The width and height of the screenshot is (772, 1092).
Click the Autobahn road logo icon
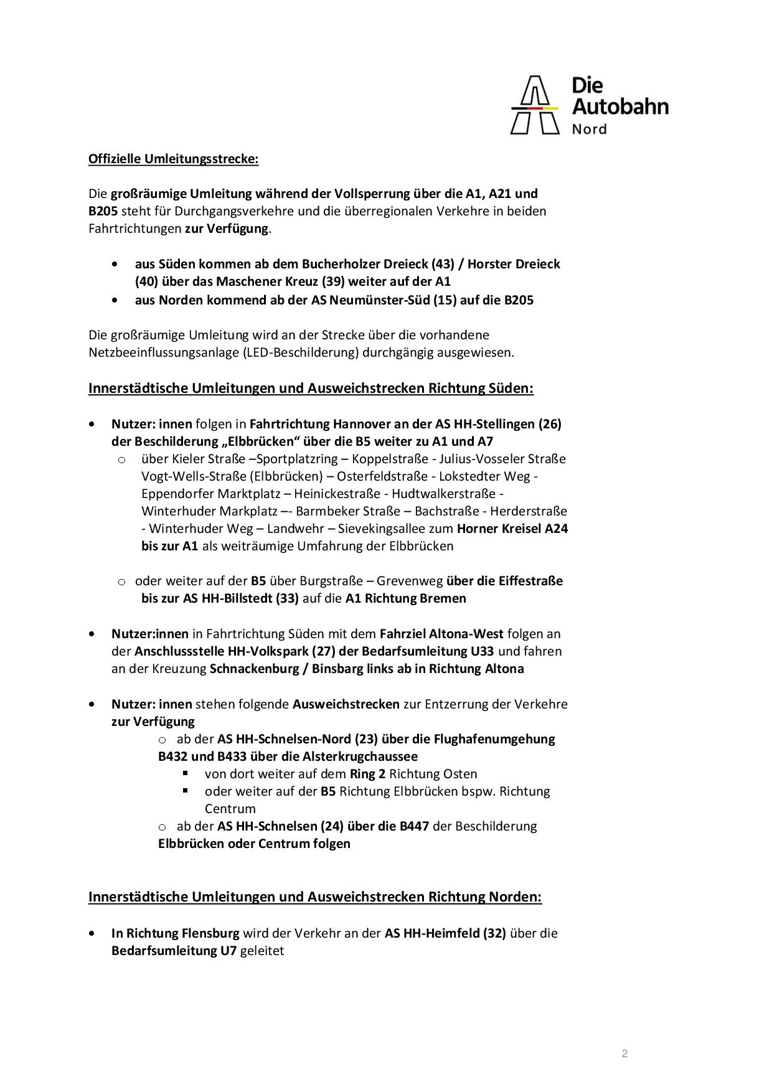point(535,105)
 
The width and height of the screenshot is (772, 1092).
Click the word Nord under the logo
point(589,129)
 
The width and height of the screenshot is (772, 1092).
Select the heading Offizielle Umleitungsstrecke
point(173,159)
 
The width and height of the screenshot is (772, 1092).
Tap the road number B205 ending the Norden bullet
point(519,300)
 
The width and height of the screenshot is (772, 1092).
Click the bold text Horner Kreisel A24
point(512,529)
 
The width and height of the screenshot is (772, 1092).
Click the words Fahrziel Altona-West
point(441,634)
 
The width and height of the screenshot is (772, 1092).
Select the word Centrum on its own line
point(230,809)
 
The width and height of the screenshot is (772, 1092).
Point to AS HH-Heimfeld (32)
point(445,933)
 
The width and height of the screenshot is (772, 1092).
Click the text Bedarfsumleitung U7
point(174,951)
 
